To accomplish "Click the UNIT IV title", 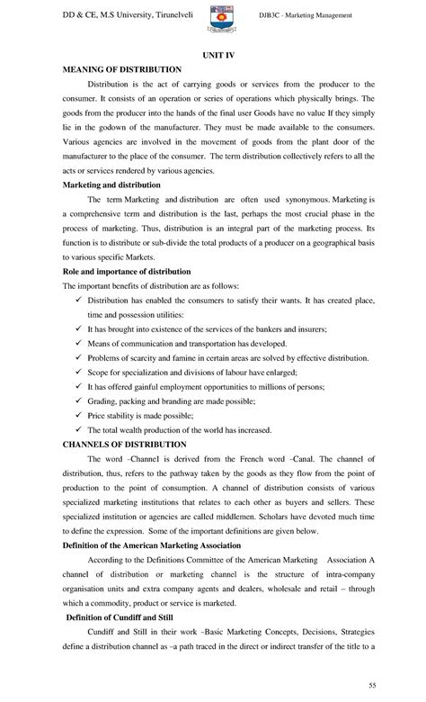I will tap(212, 56).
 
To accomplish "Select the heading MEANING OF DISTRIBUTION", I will tap(120, 69).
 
